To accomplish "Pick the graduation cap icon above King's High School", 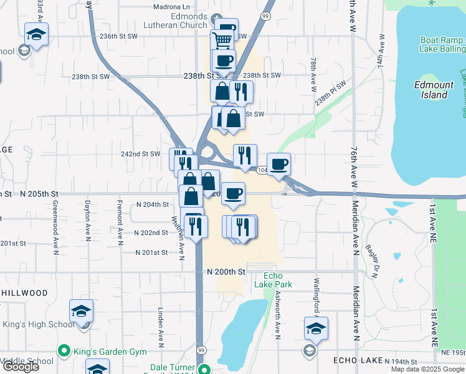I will (82, 310).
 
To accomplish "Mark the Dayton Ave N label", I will (88, 221).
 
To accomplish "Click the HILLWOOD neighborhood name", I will (25, 293).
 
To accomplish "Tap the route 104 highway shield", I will (261, 170).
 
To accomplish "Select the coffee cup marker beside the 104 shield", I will (278, 165).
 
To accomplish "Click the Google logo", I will (21, 367).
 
